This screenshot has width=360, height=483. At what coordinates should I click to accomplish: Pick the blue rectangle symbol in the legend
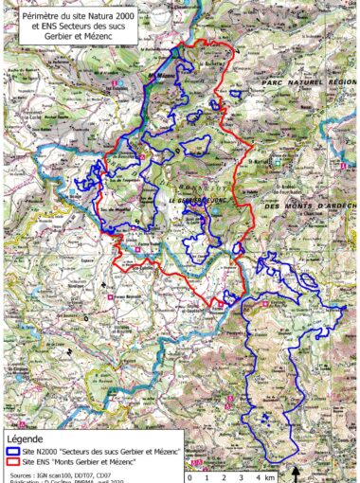[x=13, y=453]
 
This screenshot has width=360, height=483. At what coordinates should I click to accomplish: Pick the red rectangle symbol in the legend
[x=13, y=462]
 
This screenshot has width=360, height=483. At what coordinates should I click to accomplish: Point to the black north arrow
[x=296, y=472]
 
